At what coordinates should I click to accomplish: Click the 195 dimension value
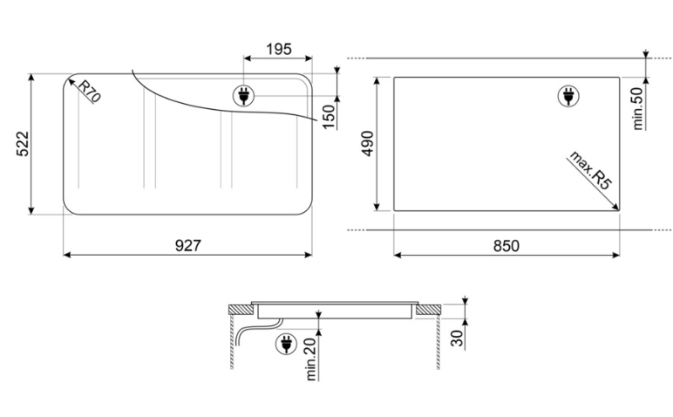tap(279, 49)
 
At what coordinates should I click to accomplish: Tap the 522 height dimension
tap(23, 144)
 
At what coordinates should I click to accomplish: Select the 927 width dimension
tap(188, 245)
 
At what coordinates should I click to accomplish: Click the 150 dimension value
tap(329, 116)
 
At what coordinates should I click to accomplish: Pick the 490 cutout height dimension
tap(367, 143)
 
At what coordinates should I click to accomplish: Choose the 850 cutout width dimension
tap(506, 246)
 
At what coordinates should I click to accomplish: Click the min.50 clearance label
tap(638, 108)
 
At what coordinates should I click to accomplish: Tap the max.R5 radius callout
tap(589, 170)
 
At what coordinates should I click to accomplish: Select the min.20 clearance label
tap(311, 359)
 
